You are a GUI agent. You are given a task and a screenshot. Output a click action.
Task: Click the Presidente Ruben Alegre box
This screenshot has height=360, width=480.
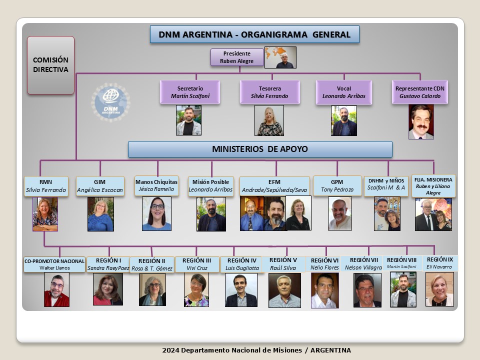tap(237, 57)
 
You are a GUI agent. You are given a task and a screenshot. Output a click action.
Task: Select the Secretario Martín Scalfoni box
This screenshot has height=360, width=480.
tap(190, 92)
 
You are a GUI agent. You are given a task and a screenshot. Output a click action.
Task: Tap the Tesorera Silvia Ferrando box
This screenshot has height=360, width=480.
tap(269, 92)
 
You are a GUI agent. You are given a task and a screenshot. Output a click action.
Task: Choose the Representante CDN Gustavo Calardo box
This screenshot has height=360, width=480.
tap(420, 92)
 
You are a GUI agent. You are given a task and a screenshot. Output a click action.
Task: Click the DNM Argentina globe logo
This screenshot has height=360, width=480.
tap(111, 102)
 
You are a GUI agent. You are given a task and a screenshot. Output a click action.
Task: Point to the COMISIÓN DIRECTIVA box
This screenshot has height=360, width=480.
tap(51, 65)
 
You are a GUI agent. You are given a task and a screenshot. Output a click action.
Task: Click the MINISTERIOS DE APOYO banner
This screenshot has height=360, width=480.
tap(260, 149)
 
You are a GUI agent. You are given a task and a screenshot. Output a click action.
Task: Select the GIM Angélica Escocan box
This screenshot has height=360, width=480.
tap(100, 186)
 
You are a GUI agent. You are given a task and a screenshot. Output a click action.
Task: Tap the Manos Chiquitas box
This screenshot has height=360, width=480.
tap(156, 185)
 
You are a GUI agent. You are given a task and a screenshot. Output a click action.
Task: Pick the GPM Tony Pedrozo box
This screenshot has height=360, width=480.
tap(337, 185)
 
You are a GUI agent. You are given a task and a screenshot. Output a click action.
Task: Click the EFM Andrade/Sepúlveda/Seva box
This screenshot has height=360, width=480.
tap(274, 186)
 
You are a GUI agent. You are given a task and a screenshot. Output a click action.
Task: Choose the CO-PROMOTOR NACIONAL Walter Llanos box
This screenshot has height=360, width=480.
tap(54, 264)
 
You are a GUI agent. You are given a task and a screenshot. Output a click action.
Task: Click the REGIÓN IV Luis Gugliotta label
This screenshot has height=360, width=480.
tap(241, 264)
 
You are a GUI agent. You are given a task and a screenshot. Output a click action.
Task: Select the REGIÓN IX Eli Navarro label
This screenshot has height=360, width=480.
tap(439, 263)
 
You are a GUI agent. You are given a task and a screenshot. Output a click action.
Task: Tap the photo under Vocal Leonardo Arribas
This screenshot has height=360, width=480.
tap(344, 120)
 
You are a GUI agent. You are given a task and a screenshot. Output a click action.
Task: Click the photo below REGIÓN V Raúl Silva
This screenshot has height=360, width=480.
tap(284, 290)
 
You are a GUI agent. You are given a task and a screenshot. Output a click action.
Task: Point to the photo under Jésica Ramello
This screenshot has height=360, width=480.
tap(156, 213)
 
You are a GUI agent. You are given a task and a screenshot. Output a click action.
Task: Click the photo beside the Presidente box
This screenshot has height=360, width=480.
tap(280, 57)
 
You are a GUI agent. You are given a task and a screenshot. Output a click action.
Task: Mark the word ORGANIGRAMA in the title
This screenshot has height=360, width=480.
tap(274, 34)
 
